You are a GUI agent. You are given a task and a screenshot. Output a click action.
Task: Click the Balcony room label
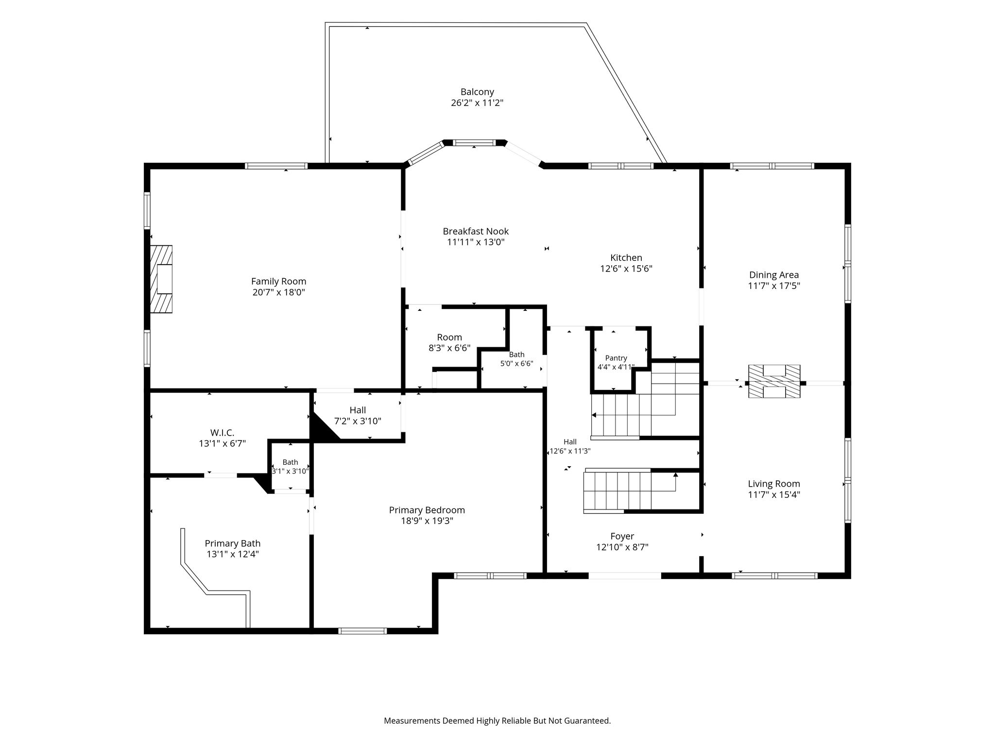[477, 92]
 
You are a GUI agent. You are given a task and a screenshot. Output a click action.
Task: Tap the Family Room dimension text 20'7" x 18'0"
[278, 292]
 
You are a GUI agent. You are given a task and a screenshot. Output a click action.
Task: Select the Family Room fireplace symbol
[161, 279]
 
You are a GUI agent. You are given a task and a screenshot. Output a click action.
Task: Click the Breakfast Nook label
[476, 232]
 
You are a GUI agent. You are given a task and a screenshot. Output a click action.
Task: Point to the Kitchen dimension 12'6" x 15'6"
[626, 269]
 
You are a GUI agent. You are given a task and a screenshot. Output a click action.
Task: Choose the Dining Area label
[774, 275]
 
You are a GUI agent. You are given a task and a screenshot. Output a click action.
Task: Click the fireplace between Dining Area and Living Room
[774, 382]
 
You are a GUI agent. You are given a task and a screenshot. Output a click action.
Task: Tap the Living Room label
[774, 484]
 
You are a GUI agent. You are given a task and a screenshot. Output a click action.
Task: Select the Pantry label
[616, 358]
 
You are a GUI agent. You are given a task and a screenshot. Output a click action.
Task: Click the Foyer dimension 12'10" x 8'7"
[622, 547]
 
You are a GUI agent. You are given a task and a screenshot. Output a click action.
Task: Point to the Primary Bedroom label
[427, 510]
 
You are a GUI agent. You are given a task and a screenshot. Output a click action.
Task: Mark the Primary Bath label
[233, 543]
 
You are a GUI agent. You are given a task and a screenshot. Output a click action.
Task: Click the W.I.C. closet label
[223, 432]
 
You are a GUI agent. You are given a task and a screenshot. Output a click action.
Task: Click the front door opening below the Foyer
[625, 576]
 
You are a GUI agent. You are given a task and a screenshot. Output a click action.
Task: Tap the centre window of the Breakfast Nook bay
[474, 143]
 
